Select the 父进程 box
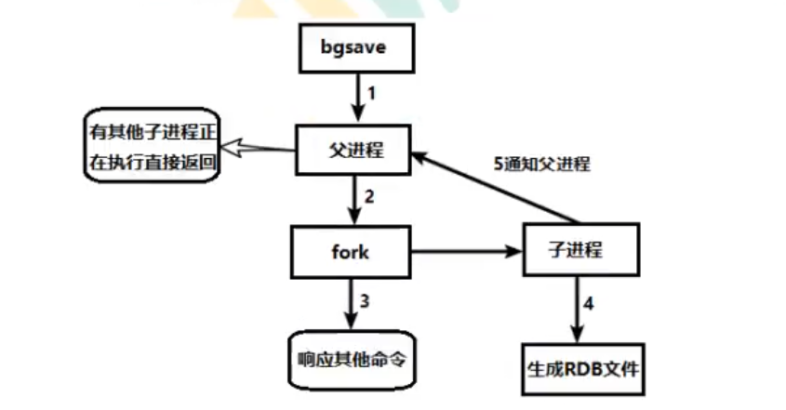353,152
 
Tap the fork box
352,251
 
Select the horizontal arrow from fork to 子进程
465,251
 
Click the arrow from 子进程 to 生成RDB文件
578,311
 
